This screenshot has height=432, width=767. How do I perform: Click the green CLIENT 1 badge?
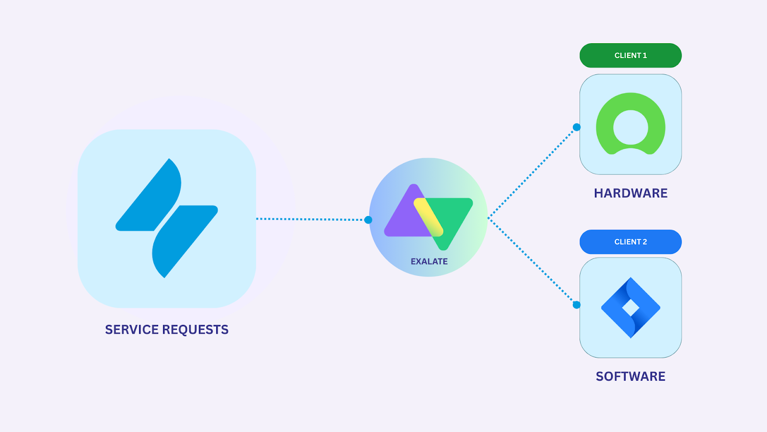630,56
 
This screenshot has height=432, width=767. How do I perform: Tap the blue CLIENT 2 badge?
630,242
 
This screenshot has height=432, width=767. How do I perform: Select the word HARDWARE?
630,193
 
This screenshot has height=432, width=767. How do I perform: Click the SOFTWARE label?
630,376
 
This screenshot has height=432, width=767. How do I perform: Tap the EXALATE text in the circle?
429,262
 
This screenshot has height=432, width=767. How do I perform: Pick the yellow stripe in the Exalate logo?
428,216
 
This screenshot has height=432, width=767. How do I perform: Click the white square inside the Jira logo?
631,308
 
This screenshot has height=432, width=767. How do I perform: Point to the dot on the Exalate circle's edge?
368,220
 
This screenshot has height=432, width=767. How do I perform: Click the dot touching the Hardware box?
577,127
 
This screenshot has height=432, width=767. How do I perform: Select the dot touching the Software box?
577,305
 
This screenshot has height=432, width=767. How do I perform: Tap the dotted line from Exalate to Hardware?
532,173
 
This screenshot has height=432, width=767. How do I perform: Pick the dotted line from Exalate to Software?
532,262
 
